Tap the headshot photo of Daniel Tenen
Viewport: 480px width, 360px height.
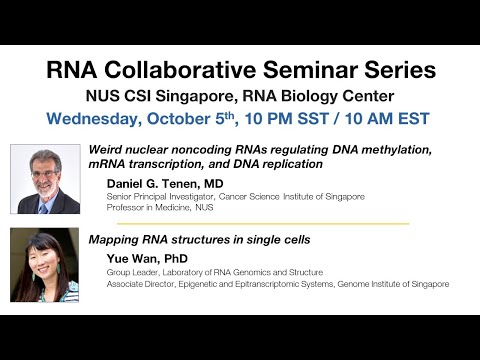[x=45, y=179]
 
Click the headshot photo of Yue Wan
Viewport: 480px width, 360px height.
[x=45, y=265]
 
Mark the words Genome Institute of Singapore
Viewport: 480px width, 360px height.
[x=395, y=285]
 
